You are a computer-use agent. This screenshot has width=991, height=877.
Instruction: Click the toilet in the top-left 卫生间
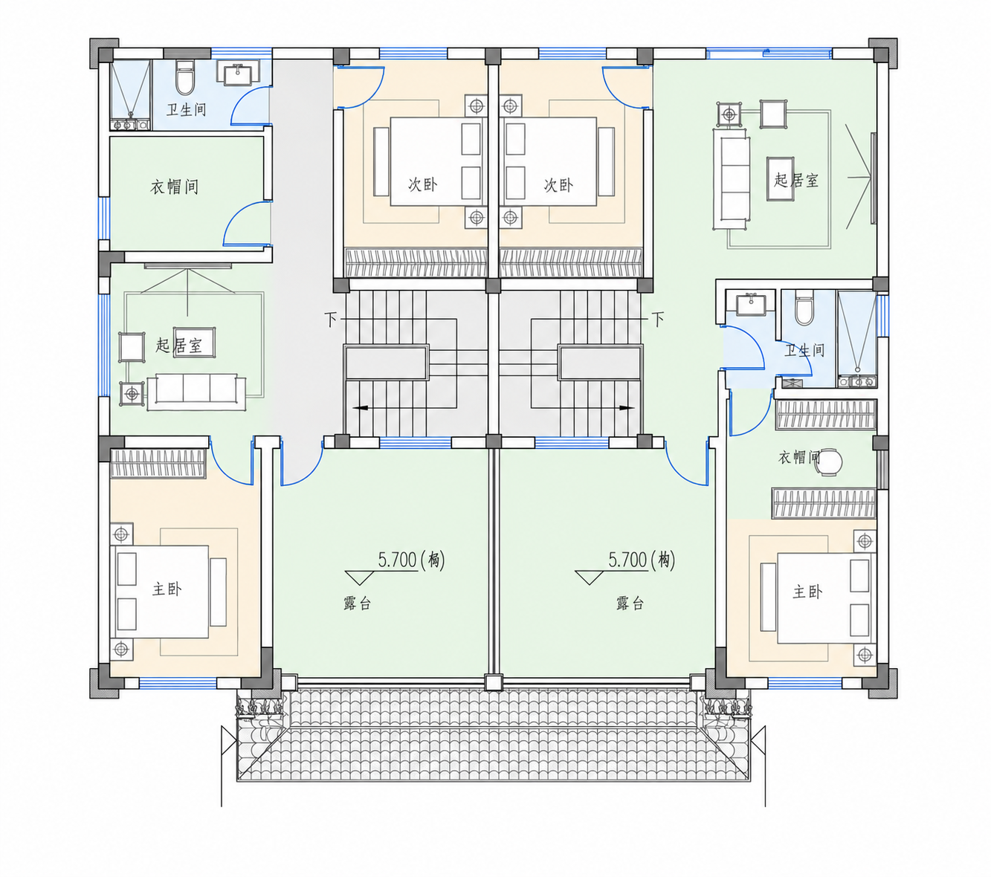tap(185, 78)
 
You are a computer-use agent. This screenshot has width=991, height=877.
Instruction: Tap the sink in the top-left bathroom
tap(237, 74)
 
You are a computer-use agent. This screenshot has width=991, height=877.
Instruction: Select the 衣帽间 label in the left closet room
tap(174, 187)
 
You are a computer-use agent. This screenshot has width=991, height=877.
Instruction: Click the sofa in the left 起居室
tap(196, 392)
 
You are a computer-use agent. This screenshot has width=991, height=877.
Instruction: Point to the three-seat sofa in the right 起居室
tap(731, 178)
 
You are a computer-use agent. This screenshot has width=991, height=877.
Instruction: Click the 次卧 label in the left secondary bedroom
tap(422, 185)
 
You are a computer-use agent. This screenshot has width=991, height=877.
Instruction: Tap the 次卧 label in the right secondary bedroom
tap(558, 185)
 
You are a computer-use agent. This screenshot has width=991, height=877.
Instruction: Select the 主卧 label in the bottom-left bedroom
tap(167, 589)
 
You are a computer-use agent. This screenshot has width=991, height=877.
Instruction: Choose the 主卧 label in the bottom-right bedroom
tap(807, 592)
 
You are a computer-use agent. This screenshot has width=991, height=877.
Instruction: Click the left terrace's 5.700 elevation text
tap(397, 560)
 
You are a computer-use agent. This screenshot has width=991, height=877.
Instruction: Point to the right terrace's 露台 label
tap(630, 603)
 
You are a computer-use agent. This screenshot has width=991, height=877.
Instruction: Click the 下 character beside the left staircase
tap(331, 320)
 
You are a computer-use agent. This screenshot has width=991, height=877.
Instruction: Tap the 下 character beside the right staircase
tap(658, 320)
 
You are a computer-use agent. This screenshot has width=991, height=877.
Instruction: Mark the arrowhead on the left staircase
tap(360, 407)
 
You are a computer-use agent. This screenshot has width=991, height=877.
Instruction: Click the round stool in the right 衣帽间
tap(829, 462)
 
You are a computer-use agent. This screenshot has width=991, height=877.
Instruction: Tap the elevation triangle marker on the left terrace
tap(359, 577)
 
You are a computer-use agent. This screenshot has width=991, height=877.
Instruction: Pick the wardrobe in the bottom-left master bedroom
tap(158, 463)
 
